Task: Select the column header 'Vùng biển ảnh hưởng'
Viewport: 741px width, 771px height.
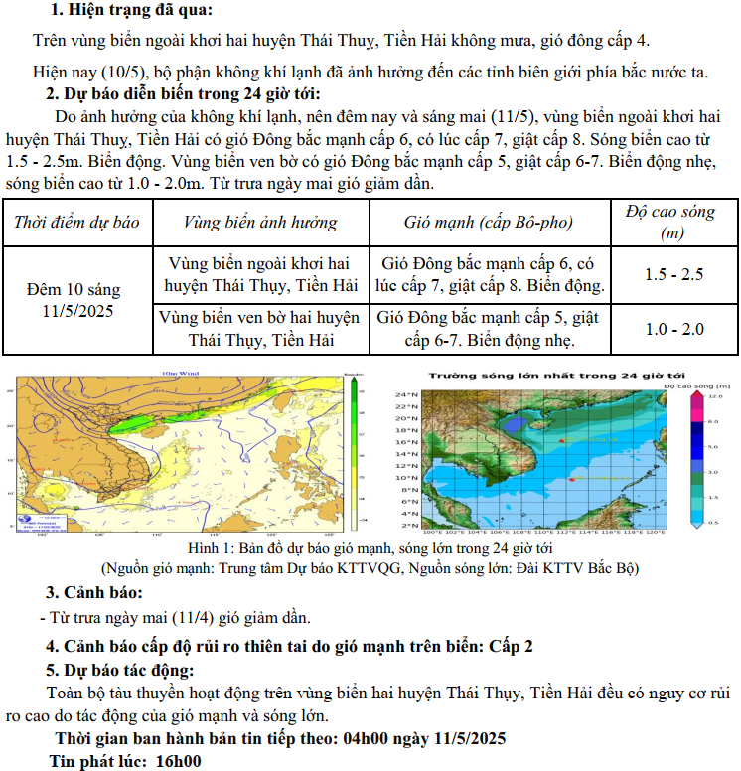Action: (x=260, y=223)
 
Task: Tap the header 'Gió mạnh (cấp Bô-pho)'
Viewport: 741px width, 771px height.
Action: (x=490, y=223)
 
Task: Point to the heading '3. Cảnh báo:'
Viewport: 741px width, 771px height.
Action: (x=88, y=593)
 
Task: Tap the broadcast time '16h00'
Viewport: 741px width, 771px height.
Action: (x=179, y=762)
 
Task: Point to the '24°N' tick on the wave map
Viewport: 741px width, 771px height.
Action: (x=404, y=394)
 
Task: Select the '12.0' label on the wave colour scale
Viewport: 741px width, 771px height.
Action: (x=712, y=396)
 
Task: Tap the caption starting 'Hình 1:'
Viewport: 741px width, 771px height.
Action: (x=370, y=548)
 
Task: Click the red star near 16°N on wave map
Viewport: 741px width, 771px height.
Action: (x=562, y=439)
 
